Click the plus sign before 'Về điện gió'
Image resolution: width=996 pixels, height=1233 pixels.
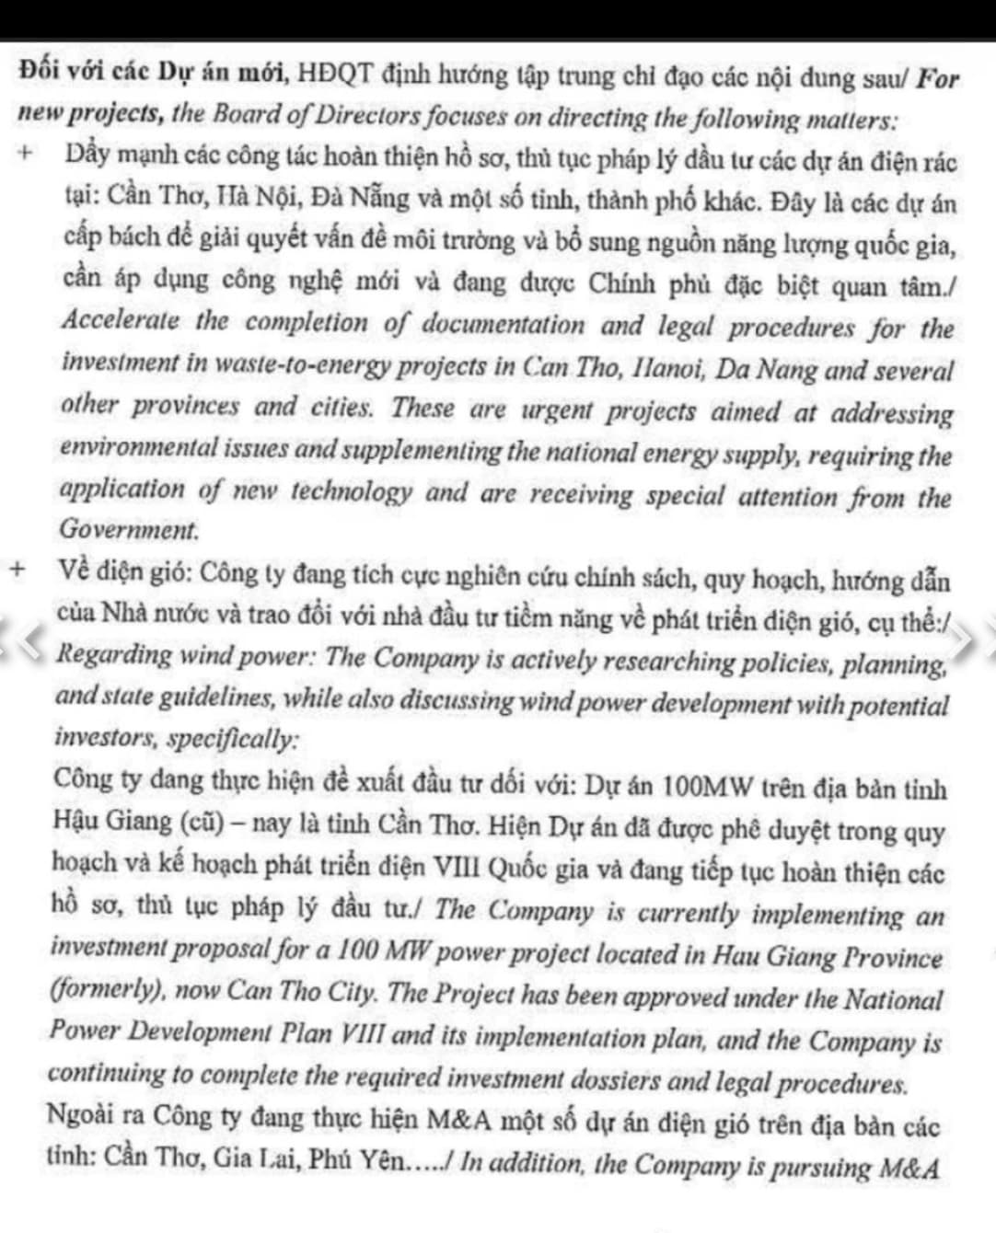tap(17, 568)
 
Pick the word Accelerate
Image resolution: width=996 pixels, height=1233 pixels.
tap(121, 321)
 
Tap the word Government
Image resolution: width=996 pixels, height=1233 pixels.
tap(129, 530)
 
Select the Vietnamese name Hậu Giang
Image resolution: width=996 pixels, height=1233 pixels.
tap(112, 820)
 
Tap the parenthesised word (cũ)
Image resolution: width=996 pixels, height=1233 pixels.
tap(199, 821)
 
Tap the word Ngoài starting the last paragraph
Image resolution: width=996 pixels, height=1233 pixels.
tap(79, 1115)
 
